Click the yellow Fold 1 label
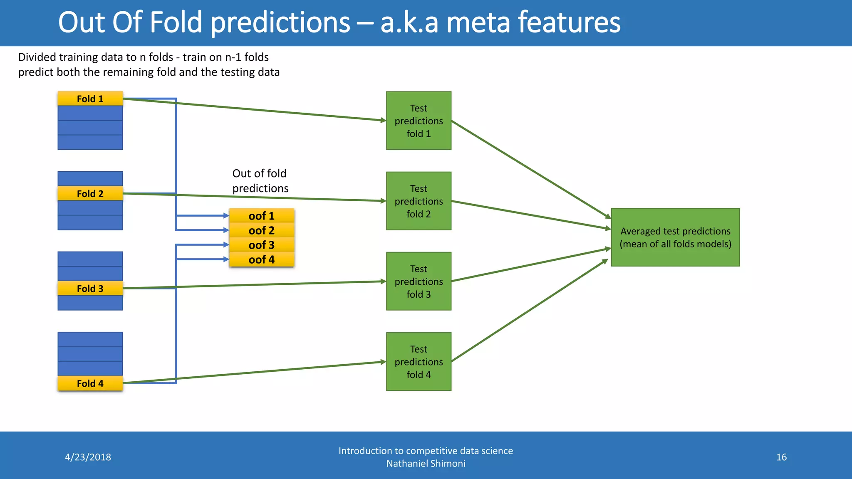pos(90,99)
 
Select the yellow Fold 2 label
pos(90,193)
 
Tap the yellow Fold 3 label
pos(90,288)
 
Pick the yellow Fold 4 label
pos(90,383)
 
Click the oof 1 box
pos(262,216)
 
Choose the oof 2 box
pos(262,230)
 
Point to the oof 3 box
pos(262,245)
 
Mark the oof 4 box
pos(262,259)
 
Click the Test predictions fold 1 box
pos(419,121)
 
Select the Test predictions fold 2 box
pos(419,201)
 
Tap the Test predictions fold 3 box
pos(419,281)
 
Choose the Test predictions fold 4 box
pos(419,361)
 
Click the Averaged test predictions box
pos(675,237)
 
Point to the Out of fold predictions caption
pos(260,181)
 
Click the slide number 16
pos(781,457)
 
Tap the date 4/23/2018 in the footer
pos(88,457)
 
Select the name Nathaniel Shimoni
pos(426,463)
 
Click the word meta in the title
pos(477,22)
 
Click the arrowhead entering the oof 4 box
pos(226,259)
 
